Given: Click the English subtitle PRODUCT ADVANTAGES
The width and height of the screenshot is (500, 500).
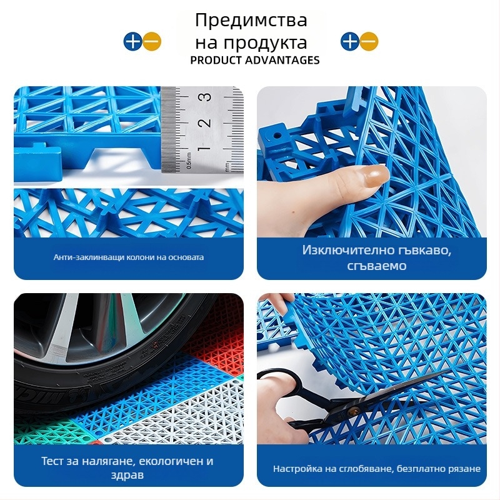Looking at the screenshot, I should (x=255, y=60).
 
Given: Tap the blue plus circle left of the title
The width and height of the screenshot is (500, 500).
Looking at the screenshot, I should (x=132, y=42).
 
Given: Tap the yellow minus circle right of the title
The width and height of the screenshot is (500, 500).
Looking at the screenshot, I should (x=369, y=42).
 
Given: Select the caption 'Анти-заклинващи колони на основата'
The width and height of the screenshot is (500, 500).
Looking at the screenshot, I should (x=129, y=257).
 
